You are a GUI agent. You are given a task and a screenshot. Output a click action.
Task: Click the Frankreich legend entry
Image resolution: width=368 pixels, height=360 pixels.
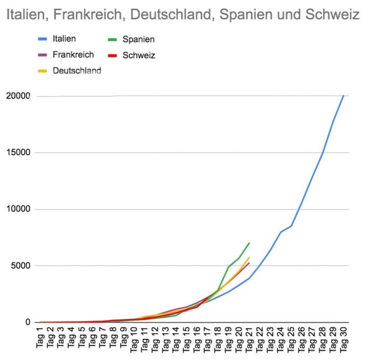(x=73, y=54)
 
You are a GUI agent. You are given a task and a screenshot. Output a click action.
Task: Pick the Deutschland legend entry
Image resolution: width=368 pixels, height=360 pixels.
(x=77, y=70)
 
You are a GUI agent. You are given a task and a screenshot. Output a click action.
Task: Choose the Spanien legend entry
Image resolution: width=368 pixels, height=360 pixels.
(x=138, y=38)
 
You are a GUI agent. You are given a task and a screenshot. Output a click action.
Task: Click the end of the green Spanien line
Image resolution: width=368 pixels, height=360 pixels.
(x=249, y=243)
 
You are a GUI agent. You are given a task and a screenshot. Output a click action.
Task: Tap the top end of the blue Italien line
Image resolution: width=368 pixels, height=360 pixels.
(x=343, y=95)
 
